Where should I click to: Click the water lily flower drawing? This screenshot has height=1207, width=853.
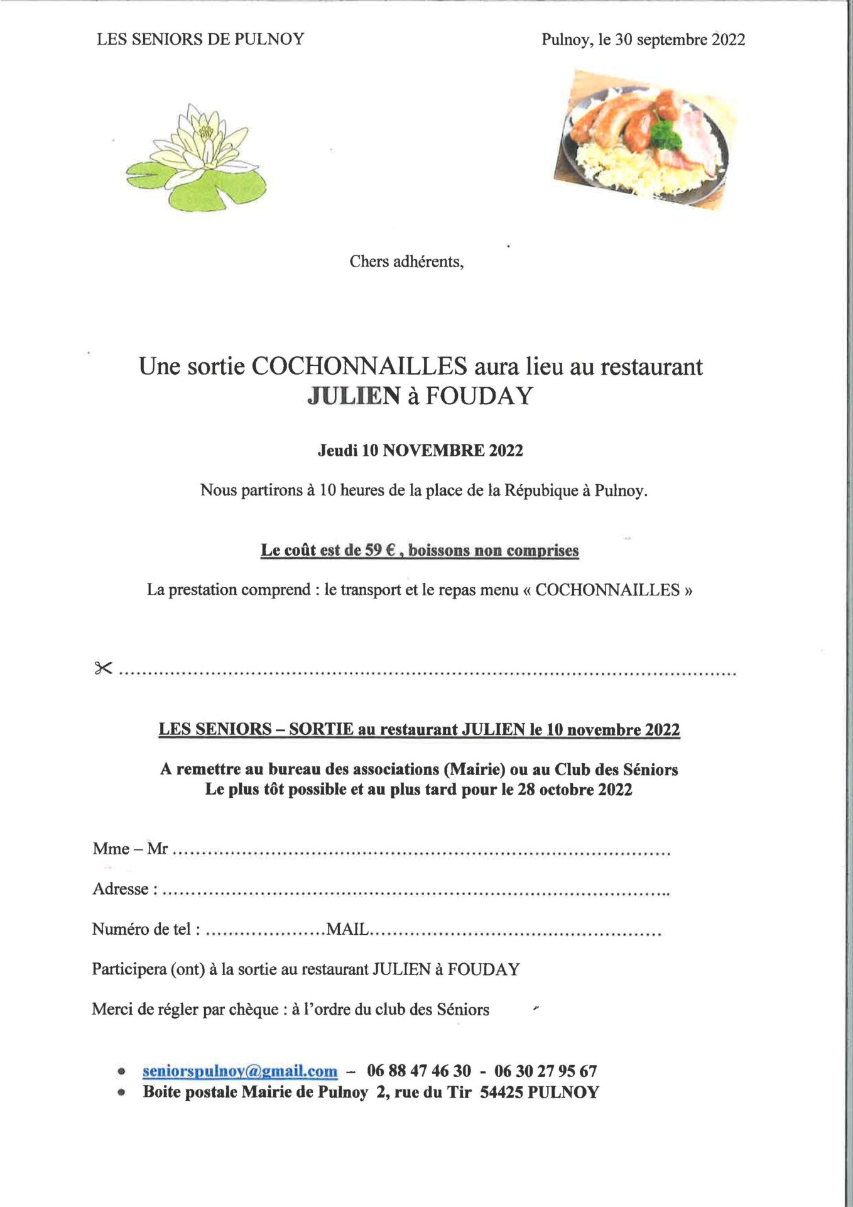[x=196, y=157]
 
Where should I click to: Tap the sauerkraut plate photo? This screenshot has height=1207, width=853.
[x=644, y=140]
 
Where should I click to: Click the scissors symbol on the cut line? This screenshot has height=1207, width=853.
[x=103, y=668]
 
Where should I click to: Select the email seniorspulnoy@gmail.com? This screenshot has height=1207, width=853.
[x=239, y=1071]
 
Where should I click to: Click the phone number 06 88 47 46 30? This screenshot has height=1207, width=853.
[x=419, y=1071]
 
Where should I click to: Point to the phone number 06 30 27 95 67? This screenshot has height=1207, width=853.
[x=545, y=1071]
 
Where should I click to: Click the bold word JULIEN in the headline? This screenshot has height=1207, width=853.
[x=354, y=396]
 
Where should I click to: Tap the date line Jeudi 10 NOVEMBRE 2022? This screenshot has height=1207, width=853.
[x=420, y=450]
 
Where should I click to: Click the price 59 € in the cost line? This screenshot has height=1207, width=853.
[x=380, y=550]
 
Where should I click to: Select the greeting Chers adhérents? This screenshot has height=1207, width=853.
[x=406, y=262]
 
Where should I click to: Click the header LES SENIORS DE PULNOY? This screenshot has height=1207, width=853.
[x=200, y=39]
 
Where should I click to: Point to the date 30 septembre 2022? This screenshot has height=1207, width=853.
[x=680, y=40]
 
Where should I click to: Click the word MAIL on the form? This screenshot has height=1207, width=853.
[x=347, y=929]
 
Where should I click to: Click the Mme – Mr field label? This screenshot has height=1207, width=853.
[x=130, y=849]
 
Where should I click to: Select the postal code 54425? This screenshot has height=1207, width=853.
[x=501, y=1092]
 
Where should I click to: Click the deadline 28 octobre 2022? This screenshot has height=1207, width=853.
[x=575, y=790]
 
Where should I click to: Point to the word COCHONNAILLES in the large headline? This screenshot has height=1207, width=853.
[x=359, y=367]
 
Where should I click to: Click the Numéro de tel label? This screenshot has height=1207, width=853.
[x=145, y=929]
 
